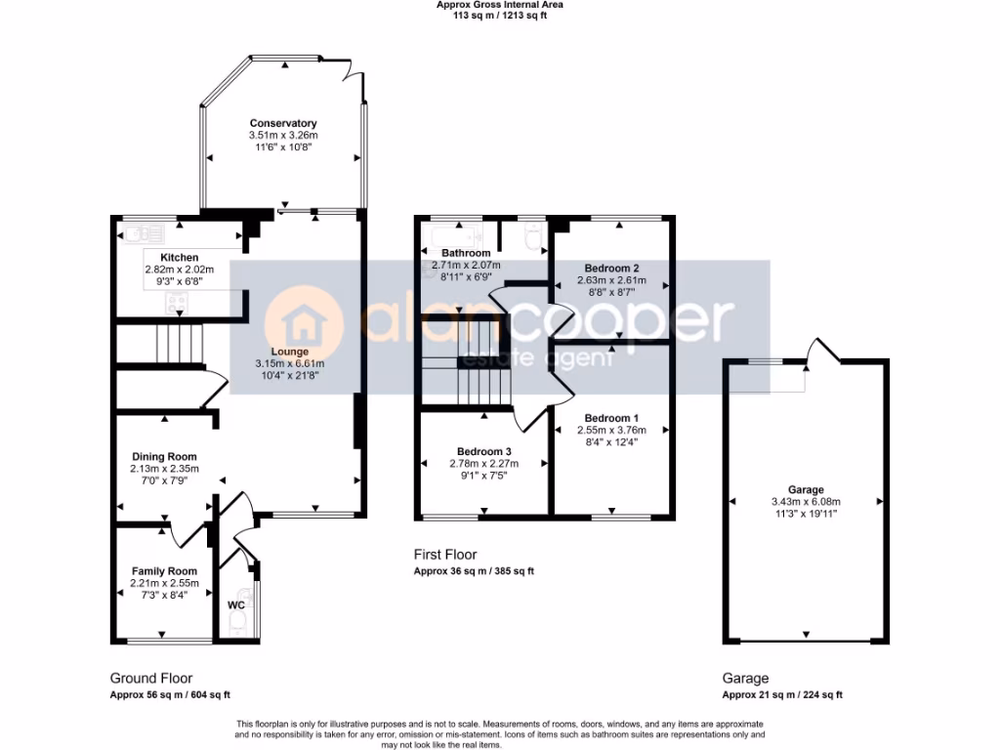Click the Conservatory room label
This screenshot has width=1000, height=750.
click(x=283, y=123)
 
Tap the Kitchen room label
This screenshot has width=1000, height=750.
click(x=179, y=258)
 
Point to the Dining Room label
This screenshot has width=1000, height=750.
click(x=165, y=456)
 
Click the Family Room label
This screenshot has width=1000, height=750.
click(x=164, y=571)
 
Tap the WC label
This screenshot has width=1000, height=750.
click(x=235, y=605)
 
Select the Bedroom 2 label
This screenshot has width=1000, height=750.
click(x=611, y=268)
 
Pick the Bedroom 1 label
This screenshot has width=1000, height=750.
click(x=611, y=417)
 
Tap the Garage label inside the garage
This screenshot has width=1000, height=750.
click(x=806, y=490)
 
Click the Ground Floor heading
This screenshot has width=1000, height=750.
click(x=150, y=678)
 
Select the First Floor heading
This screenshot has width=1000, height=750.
click(x=445, y=555)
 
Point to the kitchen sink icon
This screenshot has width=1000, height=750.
click(x=136, y=232)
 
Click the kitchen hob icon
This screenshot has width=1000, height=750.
click(x=178, y=308)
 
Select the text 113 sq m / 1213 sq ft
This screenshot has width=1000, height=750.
click(x=499, y=16)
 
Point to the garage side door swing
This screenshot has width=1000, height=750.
click(x=821, y=348)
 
